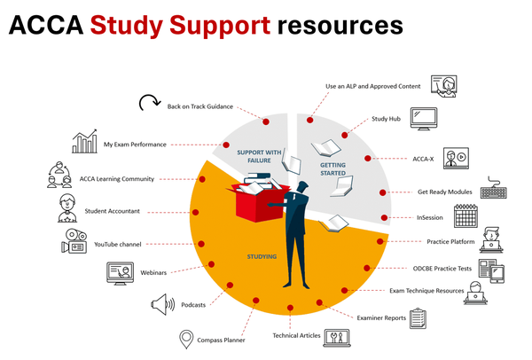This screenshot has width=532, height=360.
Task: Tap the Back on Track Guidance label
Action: tap(199, 106)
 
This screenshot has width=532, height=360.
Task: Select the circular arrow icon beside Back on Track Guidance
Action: tap(149, 104)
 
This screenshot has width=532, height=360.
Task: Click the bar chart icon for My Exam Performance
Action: tap(85, 141)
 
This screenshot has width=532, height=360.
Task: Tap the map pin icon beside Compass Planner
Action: tap(186, 339)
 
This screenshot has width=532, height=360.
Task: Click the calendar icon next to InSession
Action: tap(466, 216)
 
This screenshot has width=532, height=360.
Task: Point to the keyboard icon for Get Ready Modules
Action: tap(496, 192)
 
